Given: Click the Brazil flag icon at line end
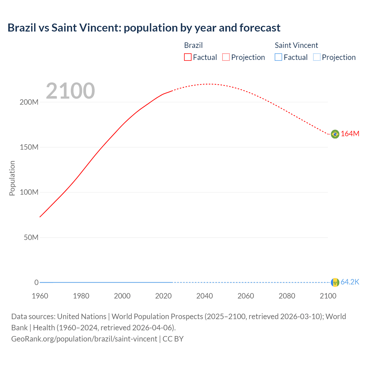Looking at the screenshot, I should (x=335, y=134).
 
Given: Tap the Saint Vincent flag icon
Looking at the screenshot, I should (x=335, y=282).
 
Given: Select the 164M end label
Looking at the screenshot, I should (x=350, y=134).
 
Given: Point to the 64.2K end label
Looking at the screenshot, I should (x=350, y=282).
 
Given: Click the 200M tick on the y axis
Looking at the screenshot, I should (x=29, y=102).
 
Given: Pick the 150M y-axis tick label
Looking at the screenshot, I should (x=29, y=147).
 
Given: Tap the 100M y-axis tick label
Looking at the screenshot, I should (x=29, y=192).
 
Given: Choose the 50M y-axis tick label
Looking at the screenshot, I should (x=31, y=238).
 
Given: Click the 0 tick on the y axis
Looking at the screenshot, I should (x=36, y=283).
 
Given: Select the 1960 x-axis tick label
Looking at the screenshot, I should (x=40, y=296).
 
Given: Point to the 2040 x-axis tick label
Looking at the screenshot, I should (x=204, y=296).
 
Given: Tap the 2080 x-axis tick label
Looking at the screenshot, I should (x=287, y=296).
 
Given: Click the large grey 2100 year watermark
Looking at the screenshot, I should (x=70, y=91).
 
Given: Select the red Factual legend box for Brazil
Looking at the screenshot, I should (x=188, y=57).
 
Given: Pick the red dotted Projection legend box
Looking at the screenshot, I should (x=226, y=57).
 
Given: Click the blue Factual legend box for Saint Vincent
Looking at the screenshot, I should (x=278, y=57).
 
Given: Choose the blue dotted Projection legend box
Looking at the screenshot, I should (x=317, y=57).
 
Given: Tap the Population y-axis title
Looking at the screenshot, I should (x=12, y=178).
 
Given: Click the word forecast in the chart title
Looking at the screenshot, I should (x=260, y=28).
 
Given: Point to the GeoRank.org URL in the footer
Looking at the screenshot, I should (x=84, y=339).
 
